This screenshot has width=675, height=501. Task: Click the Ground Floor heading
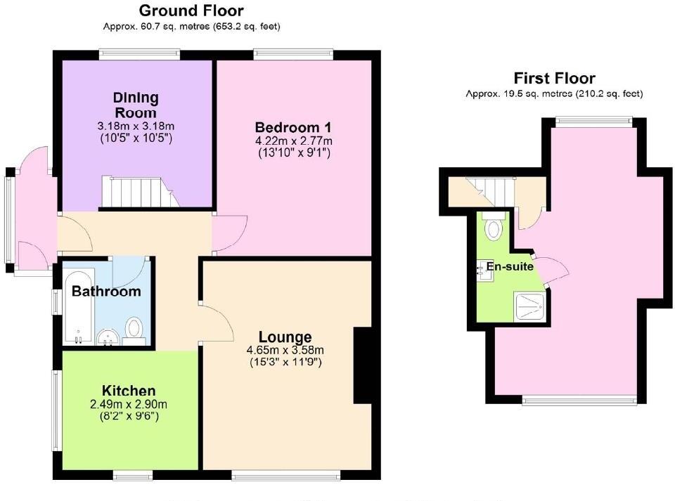pos(191,11)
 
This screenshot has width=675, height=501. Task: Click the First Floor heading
pos(554,79)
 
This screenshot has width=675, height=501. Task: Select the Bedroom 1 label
pos(292,128)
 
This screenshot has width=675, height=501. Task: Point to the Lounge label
pos(285,337)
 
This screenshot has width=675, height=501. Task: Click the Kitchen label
pos(129,391)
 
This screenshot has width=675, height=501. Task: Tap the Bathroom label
pos(106,292)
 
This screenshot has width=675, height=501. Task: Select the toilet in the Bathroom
pos(134,329)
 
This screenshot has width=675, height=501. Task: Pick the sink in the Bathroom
pos(107,337)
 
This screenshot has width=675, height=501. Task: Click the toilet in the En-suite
pos(495,228)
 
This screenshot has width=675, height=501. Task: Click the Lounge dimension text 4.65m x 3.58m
pos(285,351)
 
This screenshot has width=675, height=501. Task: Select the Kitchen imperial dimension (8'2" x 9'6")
pos(128,416)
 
